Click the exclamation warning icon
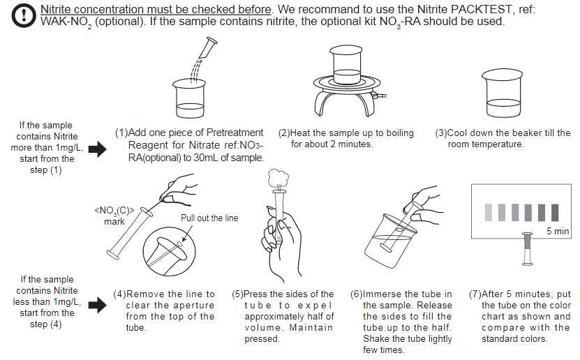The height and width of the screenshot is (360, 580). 24,15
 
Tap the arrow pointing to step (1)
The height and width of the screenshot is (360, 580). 98,149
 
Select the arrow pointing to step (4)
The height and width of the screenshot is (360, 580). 98,305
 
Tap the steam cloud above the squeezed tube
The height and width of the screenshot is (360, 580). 278,179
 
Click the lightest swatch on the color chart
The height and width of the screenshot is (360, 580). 489,212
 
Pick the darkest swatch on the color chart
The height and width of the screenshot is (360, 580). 555,212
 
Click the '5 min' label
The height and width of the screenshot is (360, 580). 558,231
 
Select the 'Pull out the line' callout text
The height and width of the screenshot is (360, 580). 209,218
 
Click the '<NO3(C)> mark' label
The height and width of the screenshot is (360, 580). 114,216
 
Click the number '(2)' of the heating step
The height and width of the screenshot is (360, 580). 284,133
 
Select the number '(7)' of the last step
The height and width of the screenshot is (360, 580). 475,294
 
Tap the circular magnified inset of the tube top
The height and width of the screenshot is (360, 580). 170,251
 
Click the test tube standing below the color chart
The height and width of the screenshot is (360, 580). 527,248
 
